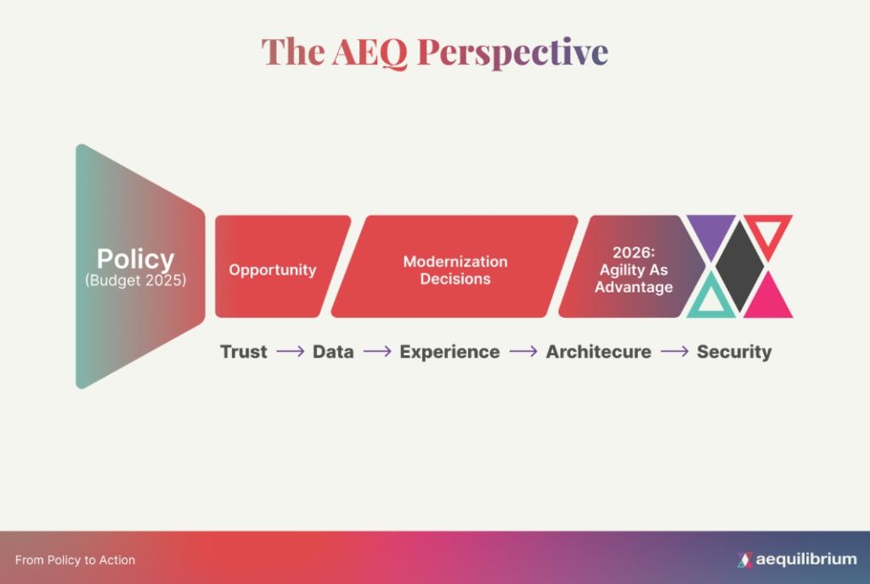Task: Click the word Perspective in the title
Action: [x=512, y=53]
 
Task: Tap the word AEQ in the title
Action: [x=370, y=53]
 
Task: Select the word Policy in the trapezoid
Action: [x=135, y=258]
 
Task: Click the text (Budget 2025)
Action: [x=135, y=281]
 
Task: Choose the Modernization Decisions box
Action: [x=455, y=266]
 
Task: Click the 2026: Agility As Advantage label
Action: [x=634, y=269]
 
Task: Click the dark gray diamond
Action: [x=740, y=266]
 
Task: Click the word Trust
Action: [x=244, y=351]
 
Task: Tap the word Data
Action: [x=333, y=351]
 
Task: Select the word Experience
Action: [x=449, y=352]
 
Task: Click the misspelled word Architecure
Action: [x=599, y=351]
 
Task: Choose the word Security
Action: [x=734, y=352]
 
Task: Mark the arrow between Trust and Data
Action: [x=291, y=351]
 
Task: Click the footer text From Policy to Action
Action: [x=75, y=560]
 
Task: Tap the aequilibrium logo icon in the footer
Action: [x=745, y=559]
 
